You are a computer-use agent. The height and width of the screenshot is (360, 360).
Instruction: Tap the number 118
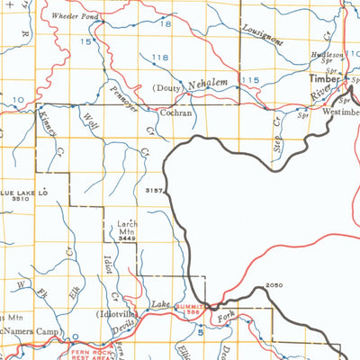(160, 58)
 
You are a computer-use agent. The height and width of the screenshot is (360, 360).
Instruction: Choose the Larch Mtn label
(126, 226)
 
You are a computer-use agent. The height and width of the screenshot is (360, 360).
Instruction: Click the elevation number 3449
(126, 240)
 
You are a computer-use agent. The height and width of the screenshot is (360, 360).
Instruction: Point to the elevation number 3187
(153, 191)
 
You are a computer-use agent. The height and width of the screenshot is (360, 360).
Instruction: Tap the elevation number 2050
(274, 286)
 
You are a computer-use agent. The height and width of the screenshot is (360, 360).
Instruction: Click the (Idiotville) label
(122, 315)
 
